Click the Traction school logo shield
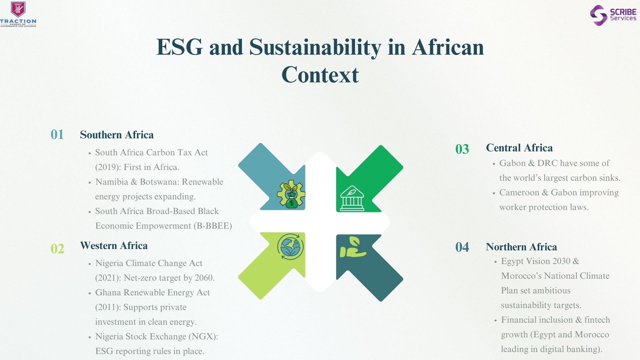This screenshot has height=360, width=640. (x=18, y=9)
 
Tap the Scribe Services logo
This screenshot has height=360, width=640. (x=613, y=15)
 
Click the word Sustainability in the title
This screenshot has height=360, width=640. (x=315, y=47)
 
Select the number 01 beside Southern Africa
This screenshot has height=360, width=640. (x=57, y=135)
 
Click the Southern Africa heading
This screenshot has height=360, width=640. (x=117, y=135)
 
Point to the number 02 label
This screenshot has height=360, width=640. (x=57, y=249)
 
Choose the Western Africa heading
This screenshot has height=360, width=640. (x=114, y=246)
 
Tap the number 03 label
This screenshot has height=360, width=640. (x=462, y=149)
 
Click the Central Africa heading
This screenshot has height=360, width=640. (x=519, y=148)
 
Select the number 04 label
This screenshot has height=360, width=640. (x=462, y=247)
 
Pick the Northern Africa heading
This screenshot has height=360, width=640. (x=521, y=247)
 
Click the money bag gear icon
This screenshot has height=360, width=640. (x=291, y=194)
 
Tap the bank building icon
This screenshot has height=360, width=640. (x=352, y=198)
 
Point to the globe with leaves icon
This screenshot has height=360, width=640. (x=290, y=247)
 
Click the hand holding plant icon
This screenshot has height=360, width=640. (x=353, y=247)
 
